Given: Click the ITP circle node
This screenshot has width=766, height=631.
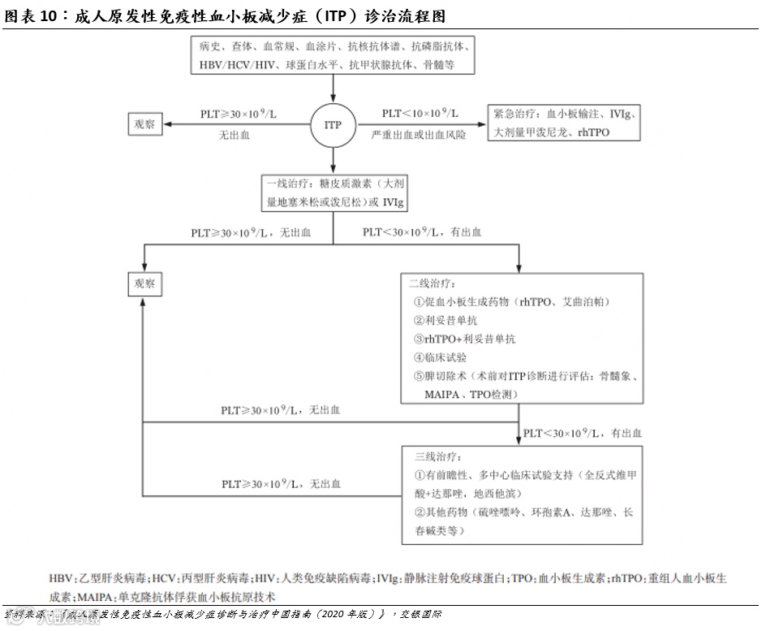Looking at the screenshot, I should [x=333, y=125].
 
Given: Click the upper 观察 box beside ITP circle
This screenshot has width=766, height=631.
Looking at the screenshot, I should [x=144, y=124].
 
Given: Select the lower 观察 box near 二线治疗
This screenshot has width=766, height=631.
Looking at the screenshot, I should [x=144, y=284].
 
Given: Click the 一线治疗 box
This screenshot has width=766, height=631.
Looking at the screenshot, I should [x=333, y=193].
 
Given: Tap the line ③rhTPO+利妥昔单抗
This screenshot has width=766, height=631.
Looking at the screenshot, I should [x=464, y=339].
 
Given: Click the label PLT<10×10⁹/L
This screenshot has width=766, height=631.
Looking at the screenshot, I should [x=420, y=113].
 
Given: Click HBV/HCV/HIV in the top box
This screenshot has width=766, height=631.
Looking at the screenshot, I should [x=237, y=63].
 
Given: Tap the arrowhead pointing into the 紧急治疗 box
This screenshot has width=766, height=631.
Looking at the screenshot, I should [x=484, y=125].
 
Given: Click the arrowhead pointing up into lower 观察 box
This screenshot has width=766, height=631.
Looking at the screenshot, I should [x=144, y=300].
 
